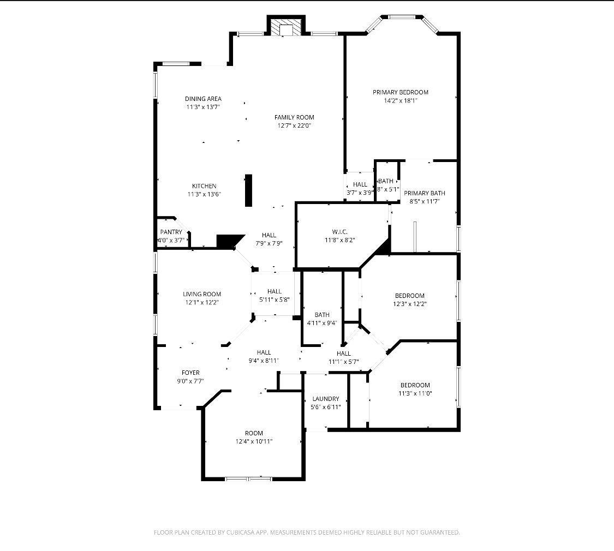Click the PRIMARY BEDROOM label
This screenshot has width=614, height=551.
tap(400, 92)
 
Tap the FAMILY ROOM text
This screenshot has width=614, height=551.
tap(294, 117)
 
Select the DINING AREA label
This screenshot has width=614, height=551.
tap(203, 99)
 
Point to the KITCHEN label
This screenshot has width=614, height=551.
tap(204, 186)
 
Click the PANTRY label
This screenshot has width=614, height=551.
tap(171, 232)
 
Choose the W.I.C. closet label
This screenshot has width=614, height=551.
tap(339, 232)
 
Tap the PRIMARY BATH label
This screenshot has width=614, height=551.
tap(424, 193)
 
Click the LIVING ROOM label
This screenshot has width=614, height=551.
tap(201, 294)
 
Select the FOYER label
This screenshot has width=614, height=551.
tap(190, 373)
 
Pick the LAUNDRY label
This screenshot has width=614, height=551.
tap(326, 399)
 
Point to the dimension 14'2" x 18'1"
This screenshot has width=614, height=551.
tap(400, 100)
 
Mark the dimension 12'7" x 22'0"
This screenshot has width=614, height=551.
tap(294, 125)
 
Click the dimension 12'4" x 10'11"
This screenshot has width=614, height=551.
tap(254, 441)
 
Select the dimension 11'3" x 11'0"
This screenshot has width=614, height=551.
tap(415, 393)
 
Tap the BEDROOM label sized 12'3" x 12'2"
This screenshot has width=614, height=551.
tap(409, 296)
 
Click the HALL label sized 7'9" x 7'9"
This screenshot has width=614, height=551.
tap(269, 236)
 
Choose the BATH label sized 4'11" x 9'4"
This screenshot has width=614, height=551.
tap(322, 315)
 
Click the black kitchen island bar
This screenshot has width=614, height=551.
tap(248, 190)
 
